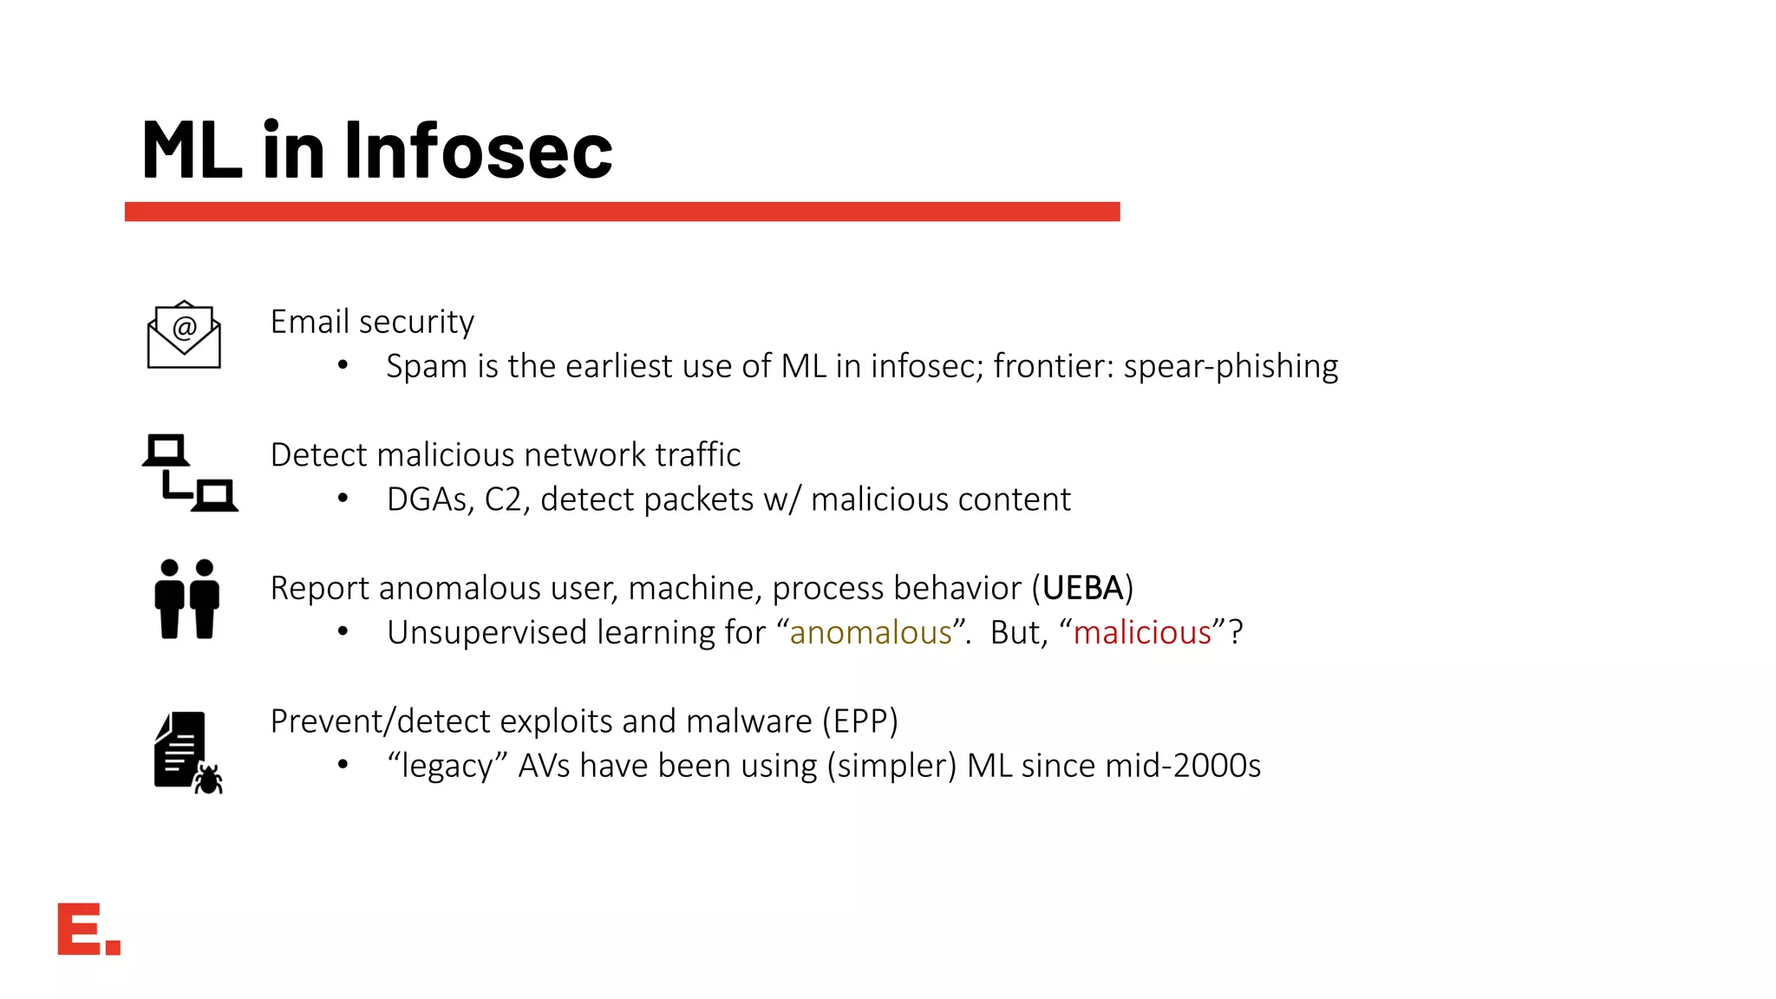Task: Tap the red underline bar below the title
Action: (622, 212)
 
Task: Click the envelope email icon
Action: (184, 335)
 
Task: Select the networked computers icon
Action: (190, 473)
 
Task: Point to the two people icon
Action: (186, 599)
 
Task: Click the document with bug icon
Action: (187, 752)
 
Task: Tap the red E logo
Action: (88, 929)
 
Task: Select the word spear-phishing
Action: (1231, 367)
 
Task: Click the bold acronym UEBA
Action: (1082, 588)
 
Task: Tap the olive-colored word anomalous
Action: (871, 633)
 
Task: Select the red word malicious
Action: (1142, 633)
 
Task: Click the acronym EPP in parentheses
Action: (859, 721)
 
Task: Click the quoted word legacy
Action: (447, 767)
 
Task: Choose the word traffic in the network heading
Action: (698, 454)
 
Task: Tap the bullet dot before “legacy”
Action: (343, 765)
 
